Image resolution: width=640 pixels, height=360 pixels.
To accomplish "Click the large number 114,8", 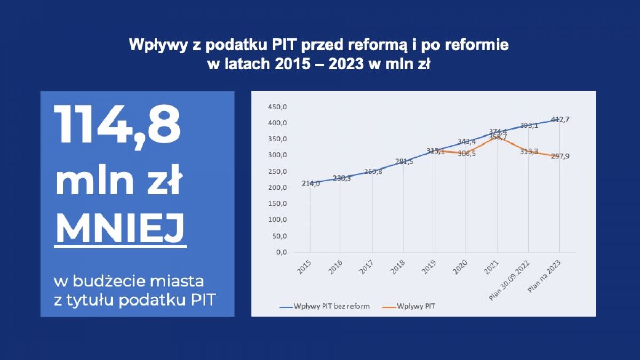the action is coord(117,126).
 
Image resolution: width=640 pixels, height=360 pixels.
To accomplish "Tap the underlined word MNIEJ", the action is coord(121,228).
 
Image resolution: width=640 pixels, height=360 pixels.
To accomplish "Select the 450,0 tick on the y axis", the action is coord(277,107).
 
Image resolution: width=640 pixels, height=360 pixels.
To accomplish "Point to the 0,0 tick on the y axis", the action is coord(282,252).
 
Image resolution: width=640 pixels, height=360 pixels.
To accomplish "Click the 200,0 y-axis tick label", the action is coord(277,188).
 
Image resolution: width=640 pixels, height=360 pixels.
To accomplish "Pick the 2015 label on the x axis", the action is coord(305,267).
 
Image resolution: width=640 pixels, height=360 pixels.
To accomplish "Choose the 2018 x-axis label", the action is coord(398,267).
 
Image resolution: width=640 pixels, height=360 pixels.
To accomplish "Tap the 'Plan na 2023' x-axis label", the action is coord(544,277).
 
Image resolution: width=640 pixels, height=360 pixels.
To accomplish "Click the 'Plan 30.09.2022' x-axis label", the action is coord(509,281).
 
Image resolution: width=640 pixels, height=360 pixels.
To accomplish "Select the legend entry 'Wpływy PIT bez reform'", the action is coord(325,306).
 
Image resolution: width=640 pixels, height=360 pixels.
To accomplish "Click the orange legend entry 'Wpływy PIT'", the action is coord(409,306).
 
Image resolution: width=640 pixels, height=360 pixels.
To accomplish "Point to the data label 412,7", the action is coord(560,119).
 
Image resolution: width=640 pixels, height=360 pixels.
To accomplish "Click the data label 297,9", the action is coord(560,156).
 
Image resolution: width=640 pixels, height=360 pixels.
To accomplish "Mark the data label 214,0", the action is coord(311,183).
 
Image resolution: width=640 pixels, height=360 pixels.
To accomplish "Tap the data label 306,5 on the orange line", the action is coord(467,154).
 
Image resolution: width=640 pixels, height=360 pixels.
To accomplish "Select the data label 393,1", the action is coord(529,125).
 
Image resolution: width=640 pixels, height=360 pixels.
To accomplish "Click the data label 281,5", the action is coord(404,162).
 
